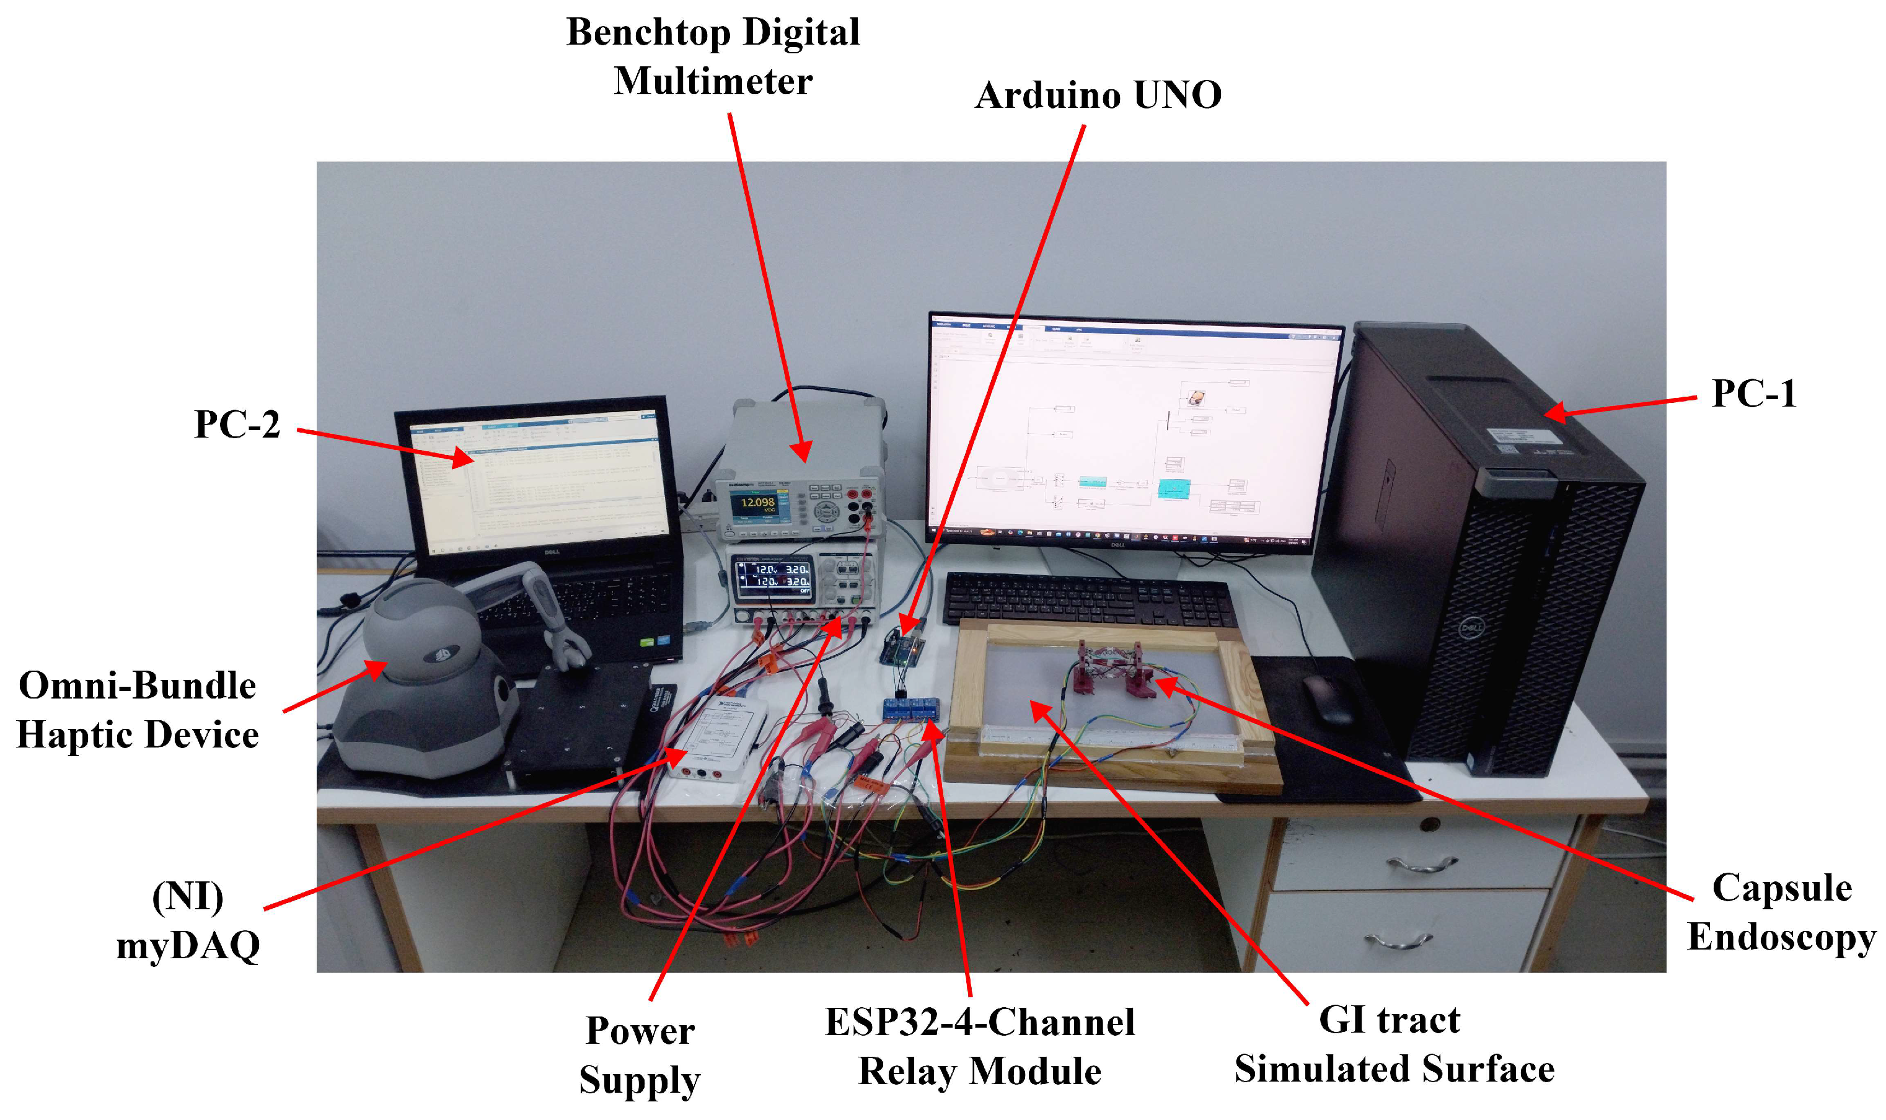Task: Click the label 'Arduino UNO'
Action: pyautogui.click(x=1098, y=96)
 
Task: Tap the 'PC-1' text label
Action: pyautogui.click(x=1753, y=393)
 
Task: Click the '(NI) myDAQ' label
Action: pyautogui.click(x=188, y=921)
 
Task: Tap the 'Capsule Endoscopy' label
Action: pyautogui.click(x=1781, y=912)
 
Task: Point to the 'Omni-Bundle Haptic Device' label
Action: pyautogui.click(x=138, y=710)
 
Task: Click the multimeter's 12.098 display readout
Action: pyautogui.click(x=757, y=503)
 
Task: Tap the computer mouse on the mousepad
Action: pyautogui.click(x=1328, y=698)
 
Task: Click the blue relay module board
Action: pyautogui.click(x=912, y=710)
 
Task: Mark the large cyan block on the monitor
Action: pyautogui.click(x=1174, y=489)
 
